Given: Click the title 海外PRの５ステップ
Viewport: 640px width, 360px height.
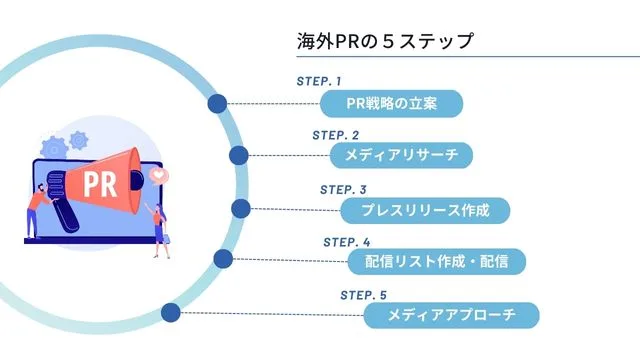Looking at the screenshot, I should pyautogui.click(x=384, y=42).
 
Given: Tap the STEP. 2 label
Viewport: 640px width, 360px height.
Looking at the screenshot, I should pyautogui.click(x=335, y=134).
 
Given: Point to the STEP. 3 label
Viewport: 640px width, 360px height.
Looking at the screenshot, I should pyautogui.click(x=343, y=189).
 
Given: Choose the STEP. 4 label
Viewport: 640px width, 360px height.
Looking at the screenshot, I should pyautogui.click(x=346, y=242).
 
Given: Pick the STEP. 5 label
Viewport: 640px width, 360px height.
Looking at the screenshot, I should pyautogui.click(x=363, y=295).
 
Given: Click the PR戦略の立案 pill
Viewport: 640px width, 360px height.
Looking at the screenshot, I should pyautogui.click(x=392, y=103).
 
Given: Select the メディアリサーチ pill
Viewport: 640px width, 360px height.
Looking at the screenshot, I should pyautogui.click(x=400, y=156).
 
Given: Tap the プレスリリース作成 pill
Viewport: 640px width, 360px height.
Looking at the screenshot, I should pyautogui.click(x=424, y=210).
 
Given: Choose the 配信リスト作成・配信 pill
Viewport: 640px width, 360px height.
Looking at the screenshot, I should pyautogui.click(x=436, y=263).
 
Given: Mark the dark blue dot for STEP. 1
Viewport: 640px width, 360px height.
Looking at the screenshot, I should pyautogui.click(x=217, y=103).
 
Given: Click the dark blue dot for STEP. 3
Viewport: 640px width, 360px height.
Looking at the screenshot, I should pyautogui.click(x=241, y=208).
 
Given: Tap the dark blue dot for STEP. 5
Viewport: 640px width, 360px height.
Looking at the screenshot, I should pyautogui.click(x=171, y=312).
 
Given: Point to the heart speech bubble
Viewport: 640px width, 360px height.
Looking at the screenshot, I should pyautogui.click(x=157, y=174).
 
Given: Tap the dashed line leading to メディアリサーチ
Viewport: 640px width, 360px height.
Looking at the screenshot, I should pyautogui.click(x=290, y=156).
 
